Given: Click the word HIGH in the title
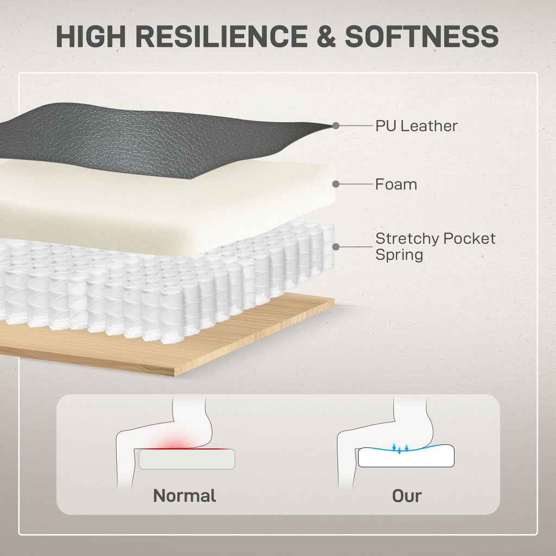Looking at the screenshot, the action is [x=91, y=36].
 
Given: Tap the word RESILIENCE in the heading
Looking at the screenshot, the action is [x=222, y=36].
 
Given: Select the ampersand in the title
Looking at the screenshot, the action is [x=326, y=36].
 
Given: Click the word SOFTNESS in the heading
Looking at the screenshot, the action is [x=422, y=36].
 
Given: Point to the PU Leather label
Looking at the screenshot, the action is [x=416, y=126].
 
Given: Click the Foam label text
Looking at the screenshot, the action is [x=396, y=185].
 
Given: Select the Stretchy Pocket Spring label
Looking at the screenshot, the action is [x=435, y=247].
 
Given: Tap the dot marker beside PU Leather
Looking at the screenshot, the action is [x=336, y=125].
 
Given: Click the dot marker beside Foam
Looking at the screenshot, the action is [x=336, y=184].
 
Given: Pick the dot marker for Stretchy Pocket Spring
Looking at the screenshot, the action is [x=336, y=247].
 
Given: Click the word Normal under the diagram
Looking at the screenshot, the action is [x=185, y=495].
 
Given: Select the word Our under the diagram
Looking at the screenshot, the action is [x=407, y=496].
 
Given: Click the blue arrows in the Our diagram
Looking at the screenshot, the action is [x=400, y=448].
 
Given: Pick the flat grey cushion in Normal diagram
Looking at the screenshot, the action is [x=187, y=459].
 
